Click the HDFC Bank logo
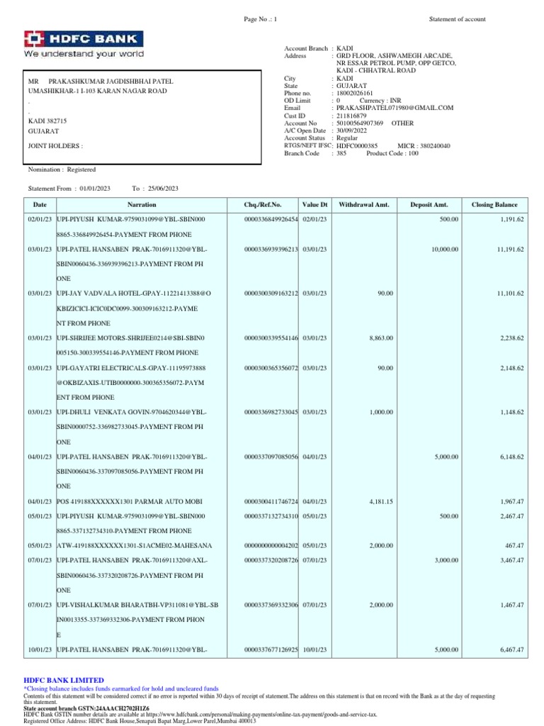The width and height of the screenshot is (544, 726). coord(84,44)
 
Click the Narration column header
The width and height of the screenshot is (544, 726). coord(146,205)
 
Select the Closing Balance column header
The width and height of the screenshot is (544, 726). coord(494,205)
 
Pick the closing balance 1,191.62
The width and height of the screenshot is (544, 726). coord(510,220)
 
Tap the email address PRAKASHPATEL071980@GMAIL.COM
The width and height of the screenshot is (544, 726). coord(395,108)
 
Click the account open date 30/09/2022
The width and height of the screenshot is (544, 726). coord(354,130)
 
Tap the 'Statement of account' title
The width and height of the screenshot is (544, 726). coord(458,19)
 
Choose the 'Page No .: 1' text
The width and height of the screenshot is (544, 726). coord(261,19)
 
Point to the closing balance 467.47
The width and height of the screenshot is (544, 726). coord(513,545)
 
